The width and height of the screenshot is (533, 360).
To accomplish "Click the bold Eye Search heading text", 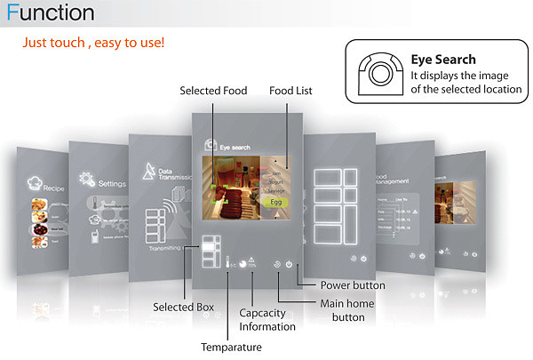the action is [442, 60].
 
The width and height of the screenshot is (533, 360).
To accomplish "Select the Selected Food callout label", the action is [214, 91].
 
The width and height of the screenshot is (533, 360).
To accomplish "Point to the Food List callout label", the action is [290, 91].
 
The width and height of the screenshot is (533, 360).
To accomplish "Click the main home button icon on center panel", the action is [278, 264].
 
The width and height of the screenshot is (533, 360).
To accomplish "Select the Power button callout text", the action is [352, 285].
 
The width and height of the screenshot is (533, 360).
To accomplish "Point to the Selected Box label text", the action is [183, 307].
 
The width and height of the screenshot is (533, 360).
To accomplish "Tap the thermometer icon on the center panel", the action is [228, 264].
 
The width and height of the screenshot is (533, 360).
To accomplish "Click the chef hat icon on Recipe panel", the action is [36, 180].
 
